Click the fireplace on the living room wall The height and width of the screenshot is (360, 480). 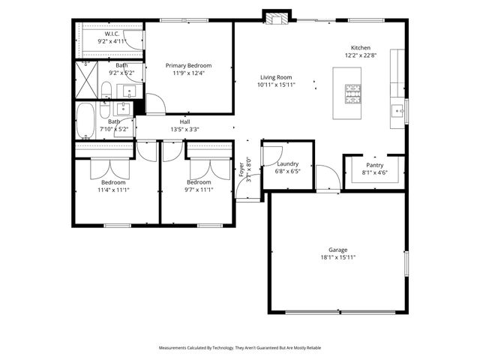coord(276,16)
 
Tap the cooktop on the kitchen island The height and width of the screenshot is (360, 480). coord(351,93)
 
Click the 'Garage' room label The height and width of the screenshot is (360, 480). coord(337,250)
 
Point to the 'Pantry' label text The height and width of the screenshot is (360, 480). coord(375,165)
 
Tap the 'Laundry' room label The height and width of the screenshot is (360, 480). coord(288,163)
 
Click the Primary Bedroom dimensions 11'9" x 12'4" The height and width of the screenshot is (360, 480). coord(189,73)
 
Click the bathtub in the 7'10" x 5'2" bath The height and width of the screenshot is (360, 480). coord(85,121)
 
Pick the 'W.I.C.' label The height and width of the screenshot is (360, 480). coord(112,34)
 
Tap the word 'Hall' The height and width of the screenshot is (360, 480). coord(184,121)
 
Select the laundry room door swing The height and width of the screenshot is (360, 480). coord(267,154)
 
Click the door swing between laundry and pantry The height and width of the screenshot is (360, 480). coord(327,178)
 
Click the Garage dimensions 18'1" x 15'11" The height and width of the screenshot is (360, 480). coord(337,257)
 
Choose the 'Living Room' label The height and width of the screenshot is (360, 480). coord(277,77)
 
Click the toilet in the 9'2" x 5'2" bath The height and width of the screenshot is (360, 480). coord(106,91)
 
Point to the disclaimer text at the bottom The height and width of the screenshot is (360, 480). coord(239,348)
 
